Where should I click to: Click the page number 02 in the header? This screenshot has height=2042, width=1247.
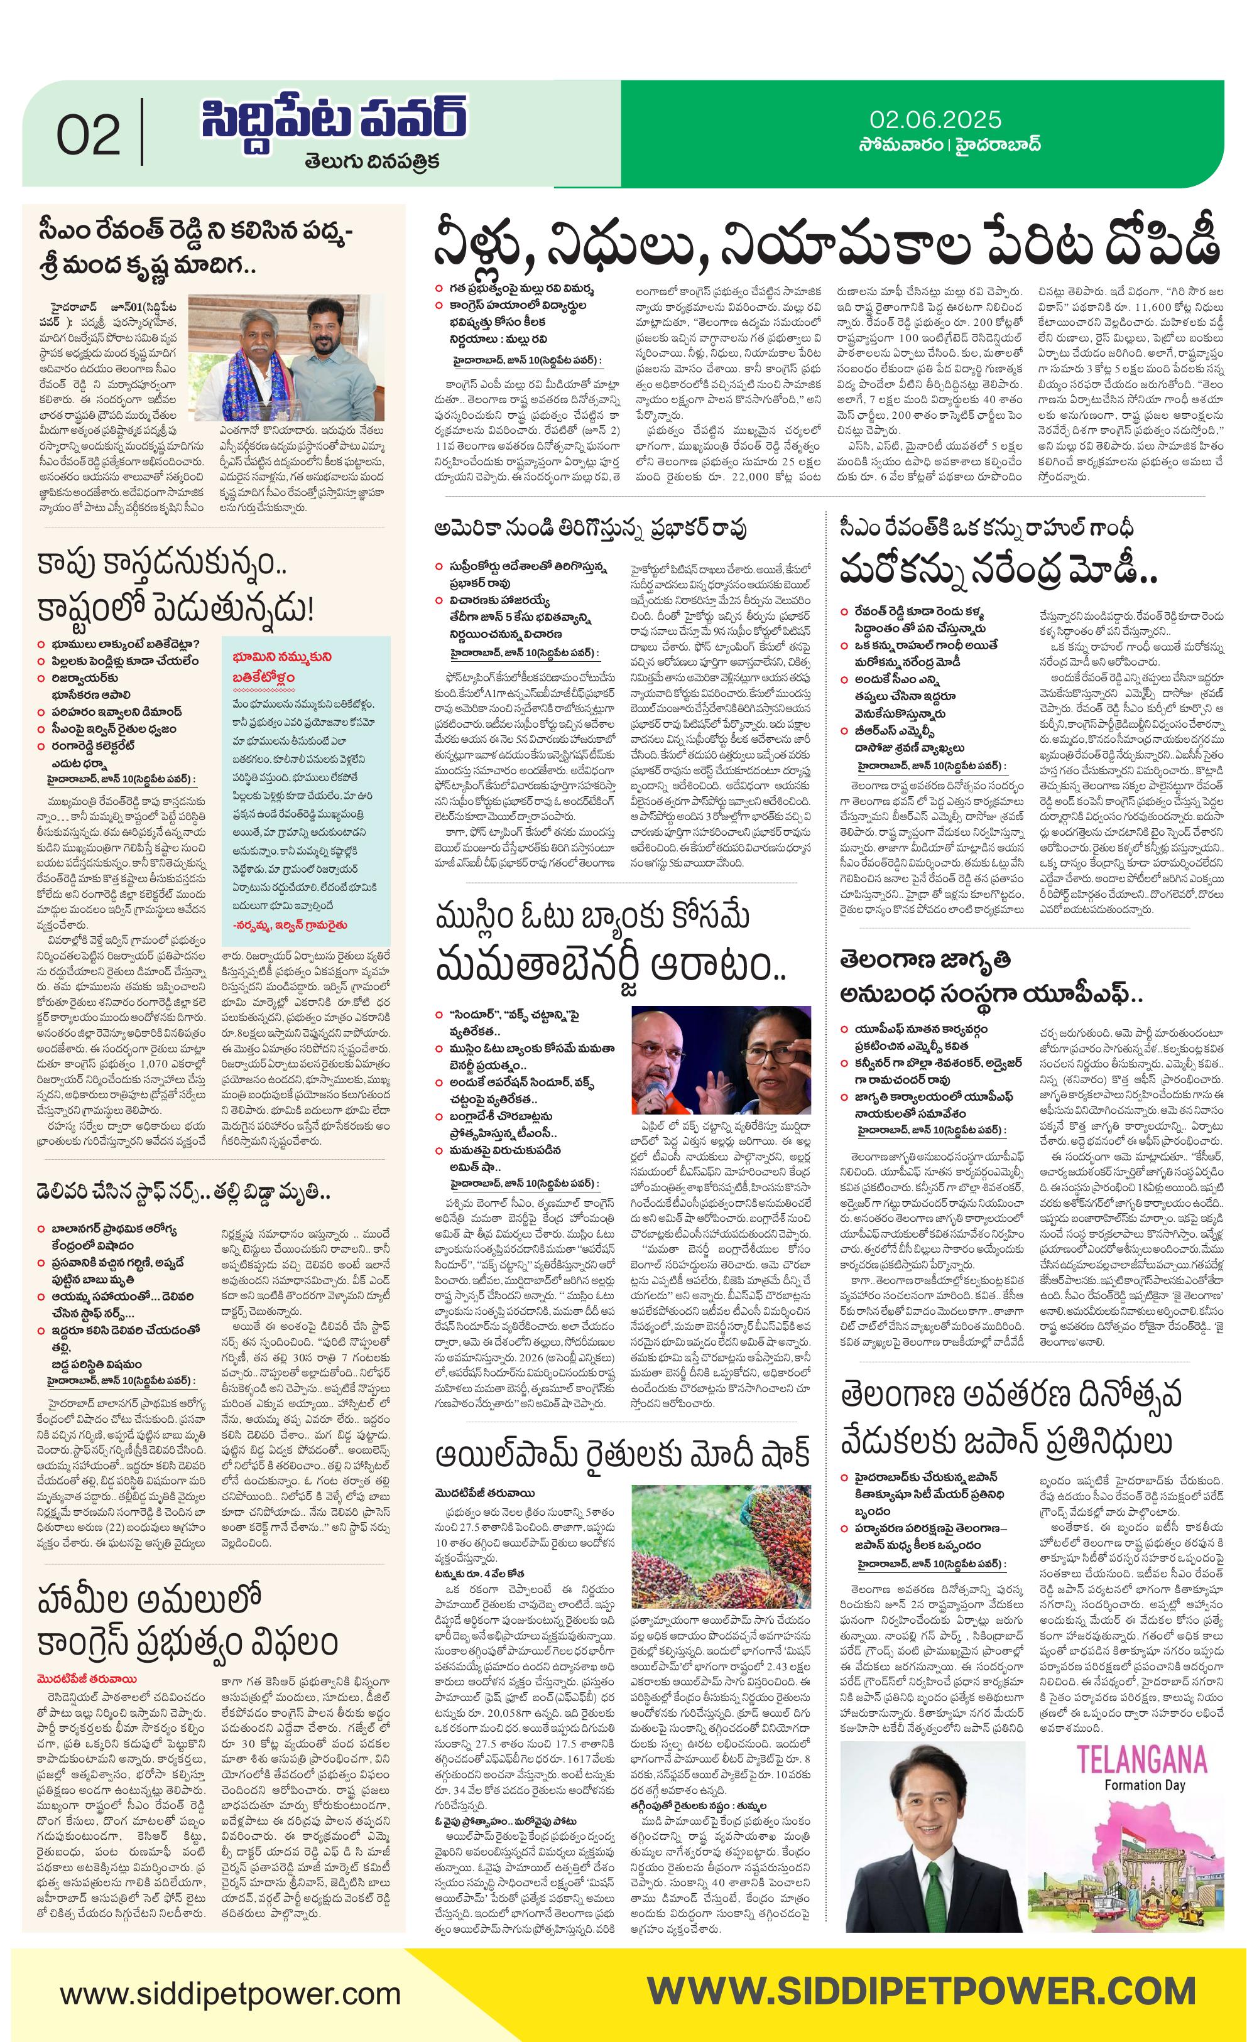88,135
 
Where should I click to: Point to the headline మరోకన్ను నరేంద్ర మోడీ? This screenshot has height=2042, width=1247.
998,571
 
